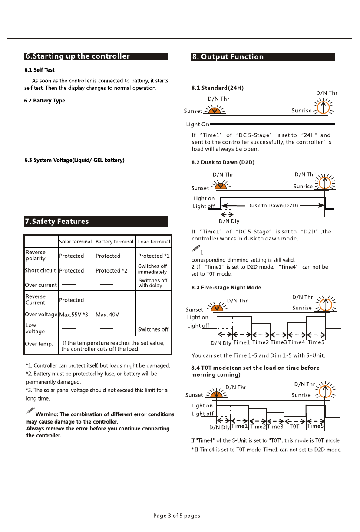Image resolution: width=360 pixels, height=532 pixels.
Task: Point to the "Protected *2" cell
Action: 111,270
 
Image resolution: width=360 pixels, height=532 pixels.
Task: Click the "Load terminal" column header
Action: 153,241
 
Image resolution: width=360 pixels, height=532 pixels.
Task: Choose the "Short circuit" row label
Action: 40,270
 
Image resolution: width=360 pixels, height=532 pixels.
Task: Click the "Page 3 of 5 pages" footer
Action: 177,516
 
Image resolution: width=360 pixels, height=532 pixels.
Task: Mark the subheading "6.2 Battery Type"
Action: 45,101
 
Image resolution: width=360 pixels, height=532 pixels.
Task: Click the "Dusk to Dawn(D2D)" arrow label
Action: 272,205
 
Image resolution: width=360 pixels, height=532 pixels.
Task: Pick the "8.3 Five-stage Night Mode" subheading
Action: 232,287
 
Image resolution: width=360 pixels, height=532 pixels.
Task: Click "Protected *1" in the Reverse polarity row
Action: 153,256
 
